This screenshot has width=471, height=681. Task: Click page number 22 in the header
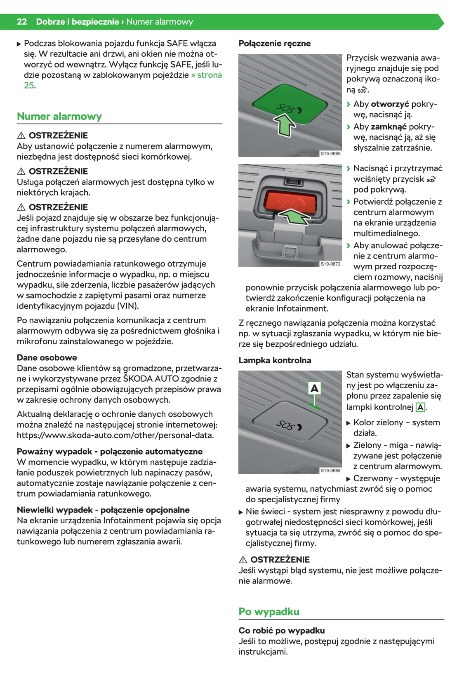22,22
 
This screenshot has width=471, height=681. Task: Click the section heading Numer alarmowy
59,117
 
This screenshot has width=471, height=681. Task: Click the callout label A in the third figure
315,388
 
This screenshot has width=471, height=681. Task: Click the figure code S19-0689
331,154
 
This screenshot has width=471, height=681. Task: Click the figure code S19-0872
331,264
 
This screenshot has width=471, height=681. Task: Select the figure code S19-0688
331,470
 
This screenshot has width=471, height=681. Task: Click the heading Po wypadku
269,611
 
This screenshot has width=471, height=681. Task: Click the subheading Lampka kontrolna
275,360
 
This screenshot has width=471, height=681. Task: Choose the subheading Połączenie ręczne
275,44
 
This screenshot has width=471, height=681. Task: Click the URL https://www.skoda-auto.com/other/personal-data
115,435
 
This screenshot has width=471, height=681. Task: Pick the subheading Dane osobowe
47,357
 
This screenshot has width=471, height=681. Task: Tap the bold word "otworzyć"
390,104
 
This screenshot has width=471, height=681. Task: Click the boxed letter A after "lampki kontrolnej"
420,407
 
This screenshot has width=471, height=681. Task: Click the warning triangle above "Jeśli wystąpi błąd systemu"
243,560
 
